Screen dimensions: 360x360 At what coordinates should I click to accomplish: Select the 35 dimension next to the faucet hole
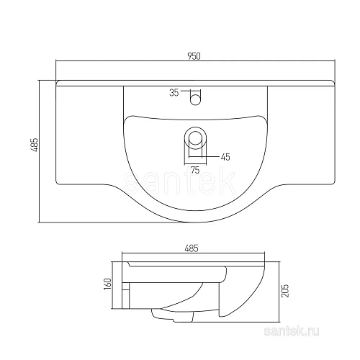tap(173, 91)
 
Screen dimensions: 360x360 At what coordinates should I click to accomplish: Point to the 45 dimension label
tap(225, 156)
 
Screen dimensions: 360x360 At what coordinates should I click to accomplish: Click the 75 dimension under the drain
tap(194, 170)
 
